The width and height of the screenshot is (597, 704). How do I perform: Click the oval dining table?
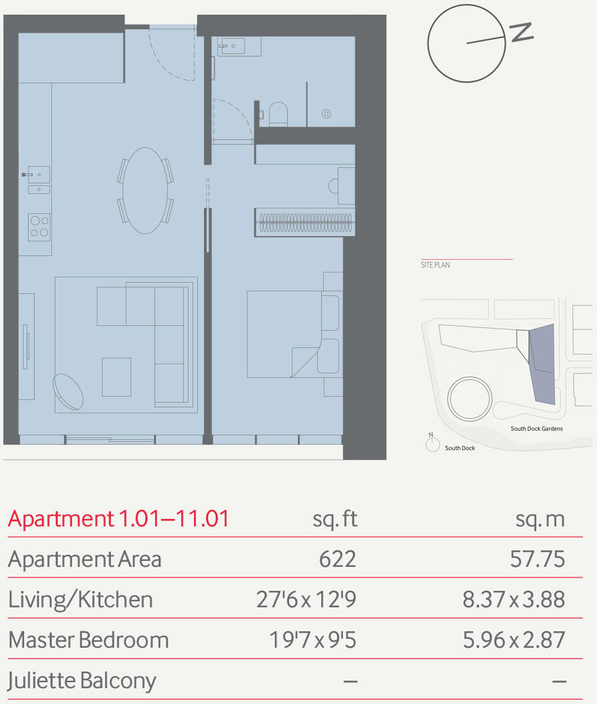145,191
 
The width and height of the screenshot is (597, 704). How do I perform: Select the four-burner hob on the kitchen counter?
39,227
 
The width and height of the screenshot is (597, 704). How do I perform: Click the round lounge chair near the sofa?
68,391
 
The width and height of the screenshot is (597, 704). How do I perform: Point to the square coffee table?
117,377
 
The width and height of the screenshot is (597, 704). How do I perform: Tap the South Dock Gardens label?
536,429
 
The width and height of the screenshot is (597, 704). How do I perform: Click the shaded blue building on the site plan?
543,363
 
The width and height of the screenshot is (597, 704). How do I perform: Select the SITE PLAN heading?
435,265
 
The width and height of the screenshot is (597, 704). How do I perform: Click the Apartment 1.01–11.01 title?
119,519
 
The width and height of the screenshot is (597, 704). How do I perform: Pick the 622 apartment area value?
337,559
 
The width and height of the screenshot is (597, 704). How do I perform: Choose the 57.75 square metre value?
537,559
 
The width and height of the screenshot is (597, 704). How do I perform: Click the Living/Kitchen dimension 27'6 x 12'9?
306,599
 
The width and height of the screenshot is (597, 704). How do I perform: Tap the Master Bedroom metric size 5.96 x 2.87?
514,640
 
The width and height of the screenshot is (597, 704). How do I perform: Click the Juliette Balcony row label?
82,681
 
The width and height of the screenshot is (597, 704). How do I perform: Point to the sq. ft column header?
335,519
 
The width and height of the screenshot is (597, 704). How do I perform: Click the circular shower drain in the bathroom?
326,114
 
